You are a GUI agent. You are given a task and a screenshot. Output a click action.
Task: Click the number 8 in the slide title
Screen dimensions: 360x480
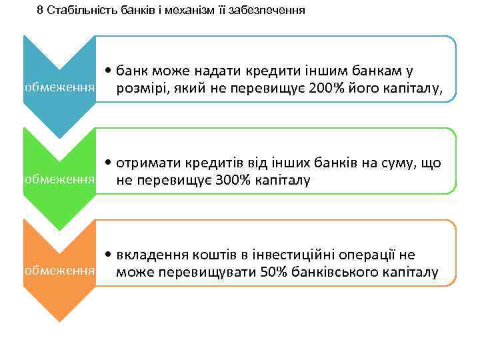39,10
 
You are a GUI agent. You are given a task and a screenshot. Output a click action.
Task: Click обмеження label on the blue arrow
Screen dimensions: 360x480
59,88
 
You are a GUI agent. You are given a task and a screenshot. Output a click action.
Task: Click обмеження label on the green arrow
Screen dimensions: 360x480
59,180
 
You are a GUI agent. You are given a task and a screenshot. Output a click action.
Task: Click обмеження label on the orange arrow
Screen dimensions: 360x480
59,271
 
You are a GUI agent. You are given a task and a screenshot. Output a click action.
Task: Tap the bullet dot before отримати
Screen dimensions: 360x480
108,163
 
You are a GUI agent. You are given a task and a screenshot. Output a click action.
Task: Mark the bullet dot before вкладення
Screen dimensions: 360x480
108,255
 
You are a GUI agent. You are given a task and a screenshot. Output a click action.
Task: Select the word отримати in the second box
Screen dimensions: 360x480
144,163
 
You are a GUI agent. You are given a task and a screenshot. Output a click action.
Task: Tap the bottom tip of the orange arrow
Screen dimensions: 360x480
59,321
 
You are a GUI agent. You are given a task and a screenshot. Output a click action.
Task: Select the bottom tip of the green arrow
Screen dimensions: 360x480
59,230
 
